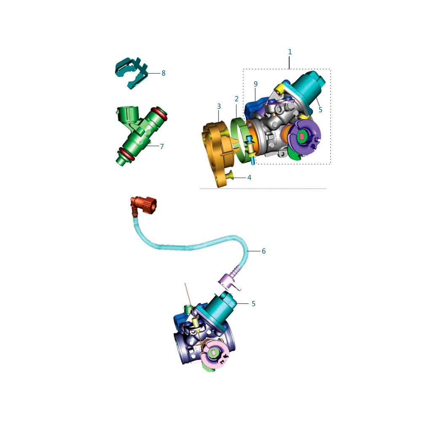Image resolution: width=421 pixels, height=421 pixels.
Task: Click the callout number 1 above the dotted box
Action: [290, 51]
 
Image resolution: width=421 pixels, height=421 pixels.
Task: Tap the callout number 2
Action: [236, 99]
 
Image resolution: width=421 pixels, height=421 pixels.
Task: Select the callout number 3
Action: [219, 107]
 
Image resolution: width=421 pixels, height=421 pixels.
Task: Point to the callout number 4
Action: [249, 178]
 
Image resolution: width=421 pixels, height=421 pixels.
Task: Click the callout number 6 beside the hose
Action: [264, 251]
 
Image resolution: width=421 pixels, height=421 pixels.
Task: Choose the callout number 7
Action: [162, 147]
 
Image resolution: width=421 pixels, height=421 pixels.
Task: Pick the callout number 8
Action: [163, 73]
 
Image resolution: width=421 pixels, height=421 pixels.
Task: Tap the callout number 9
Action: [256, 84]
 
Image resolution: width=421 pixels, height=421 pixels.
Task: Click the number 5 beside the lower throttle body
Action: [253, 304]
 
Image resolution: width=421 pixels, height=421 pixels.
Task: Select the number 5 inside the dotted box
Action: [320, 109]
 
